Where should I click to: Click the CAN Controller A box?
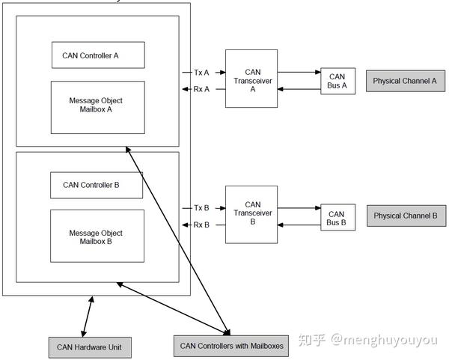pyautogui.click(x=98, y=55)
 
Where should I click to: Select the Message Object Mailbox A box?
pyautogui.click(x=98, y=107)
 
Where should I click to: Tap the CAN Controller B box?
pyautogui.click(x=97, y=186)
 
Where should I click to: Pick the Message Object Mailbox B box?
pyautogui.click(x=97, y=236)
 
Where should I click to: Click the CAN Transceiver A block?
pyautogui.click(x=251, y=79)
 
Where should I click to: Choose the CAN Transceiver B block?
pyautogui.click(x=251, y=215)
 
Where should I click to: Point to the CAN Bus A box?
pyautogui.click(x=338, y=81)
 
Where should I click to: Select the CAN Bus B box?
pyautogui.click(x=338, y=217)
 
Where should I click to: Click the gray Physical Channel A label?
pyautogui.click(x=406, y=81)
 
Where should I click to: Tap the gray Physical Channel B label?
pyautogui.click(x=406, y=216)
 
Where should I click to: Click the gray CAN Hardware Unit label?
pyautogui.click(x=90, y=347)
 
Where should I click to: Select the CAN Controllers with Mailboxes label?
pyautogui.click(x=231, y=346)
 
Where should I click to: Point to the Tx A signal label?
pyautogui.click(x=201, y=73)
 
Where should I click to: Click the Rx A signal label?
pyautogui.click(x=201, y=89)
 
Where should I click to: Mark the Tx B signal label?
pyautogui.click(x=201, y=208)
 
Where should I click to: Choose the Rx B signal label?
pyautogui.click(x=201, y=225)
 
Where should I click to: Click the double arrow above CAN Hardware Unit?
pyautogui.click(x=88, y=317)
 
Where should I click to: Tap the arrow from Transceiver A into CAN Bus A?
pyautogui.click(x=299, y=72)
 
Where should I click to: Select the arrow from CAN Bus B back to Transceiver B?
pyautogui.click(x=299, y=225)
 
